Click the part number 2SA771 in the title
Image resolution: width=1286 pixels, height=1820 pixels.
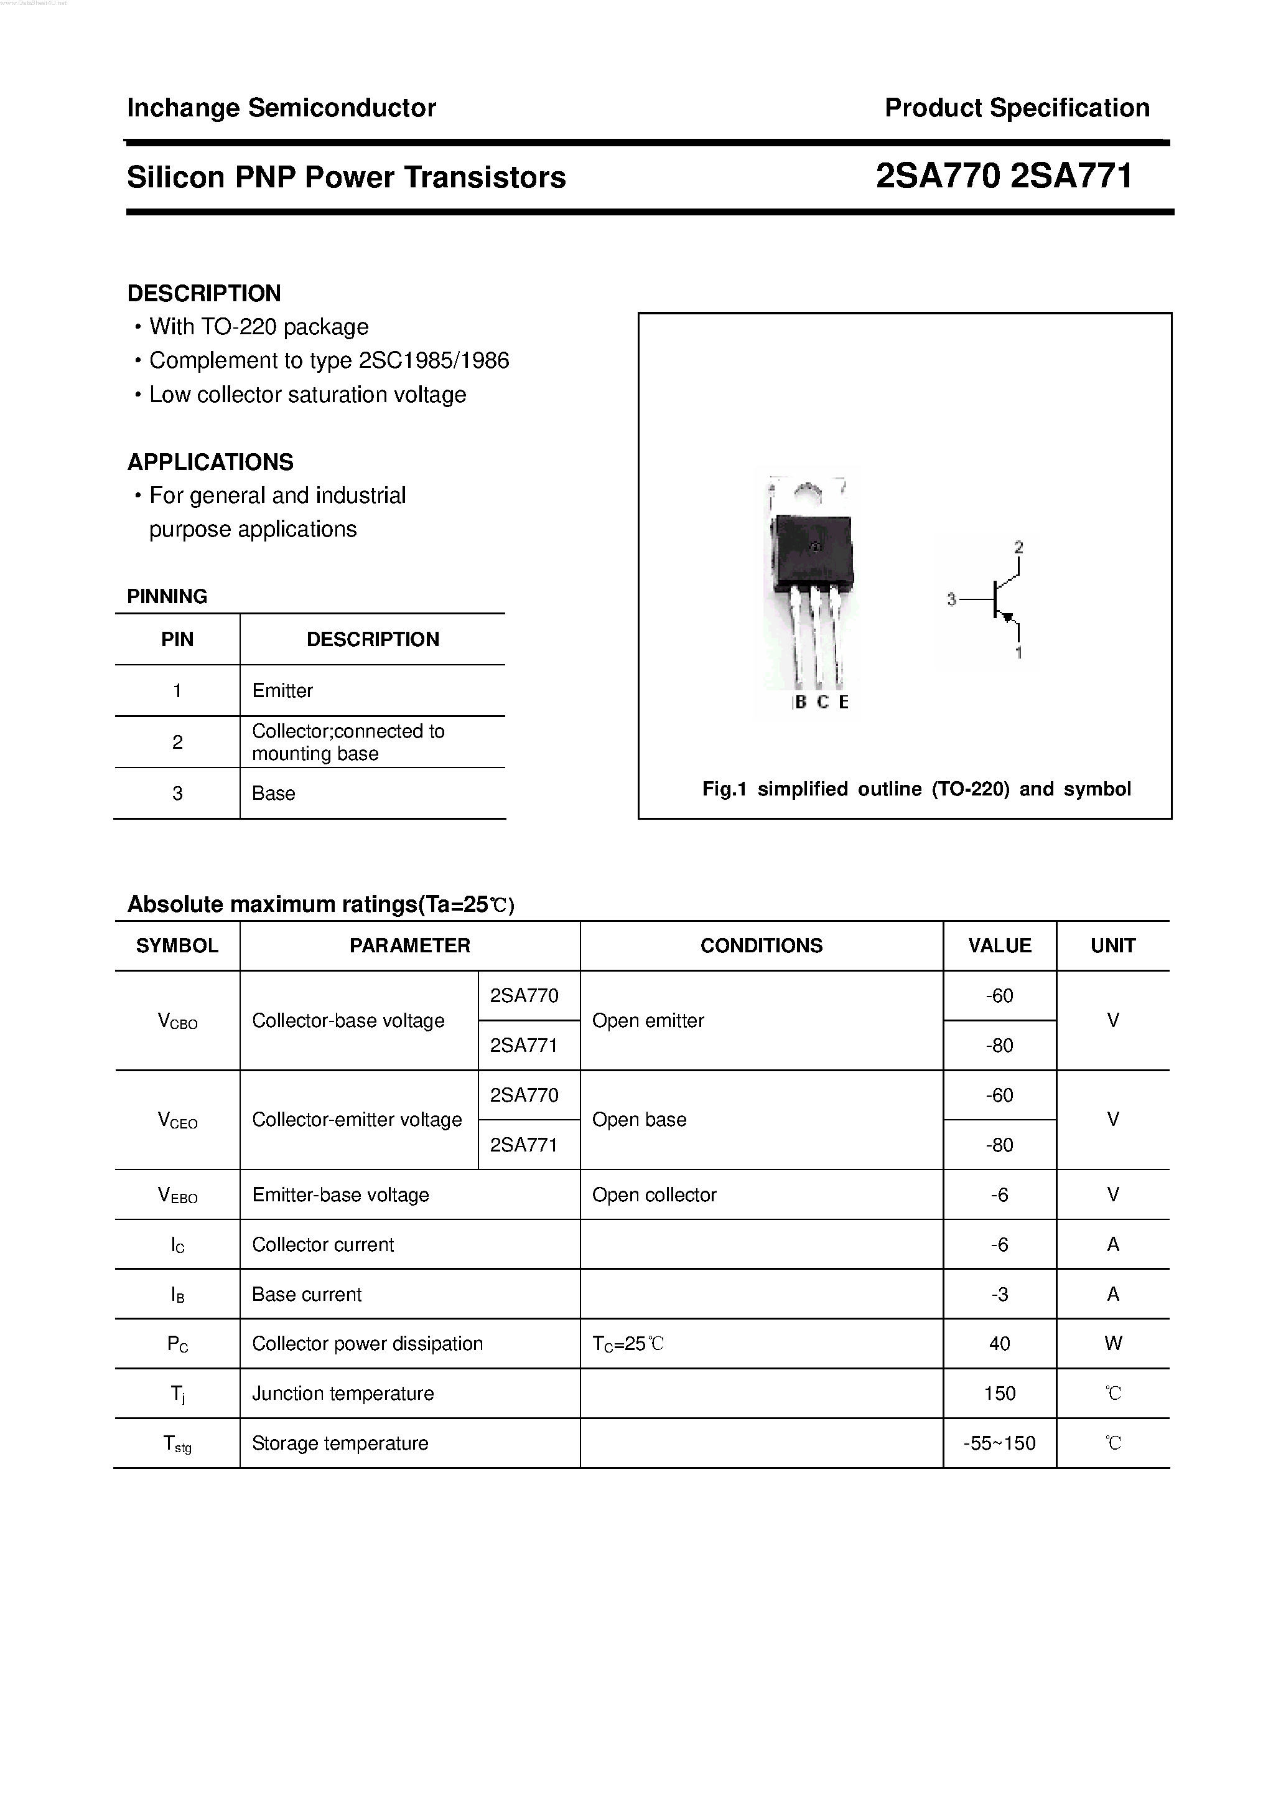[x=1071, y=176]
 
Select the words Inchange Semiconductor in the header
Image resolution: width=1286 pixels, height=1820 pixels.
[x=281, y=108]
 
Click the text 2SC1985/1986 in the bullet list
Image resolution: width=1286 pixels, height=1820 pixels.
[x=434, y=360]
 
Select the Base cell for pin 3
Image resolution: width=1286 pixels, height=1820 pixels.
[x=273, y=794]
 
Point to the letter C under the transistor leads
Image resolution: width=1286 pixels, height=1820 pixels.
[x=822, y=702]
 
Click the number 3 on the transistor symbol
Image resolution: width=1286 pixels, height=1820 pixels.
[x=952, y=600]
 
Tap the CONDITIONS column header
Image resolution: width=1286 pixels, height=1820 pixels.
[x=761, y=945]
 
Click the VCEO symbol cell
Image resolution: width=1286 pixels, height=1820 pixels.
[x=177, y=1120]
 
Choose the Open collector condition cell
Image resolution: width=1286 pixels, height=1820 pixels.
[x=654, y=1194]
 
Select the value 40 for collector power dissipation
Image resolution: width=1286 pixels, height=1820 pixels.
[x=999, y=1344]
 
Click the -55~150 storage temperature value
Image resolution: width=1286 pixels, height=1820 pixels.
[x=999, y=1443]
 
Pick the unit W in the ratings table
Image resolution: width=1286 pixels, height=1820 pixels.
[x=1112, y=1344]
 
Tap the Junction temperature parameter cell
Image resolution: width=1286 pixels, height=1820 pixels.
[x=342, y=1394]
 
